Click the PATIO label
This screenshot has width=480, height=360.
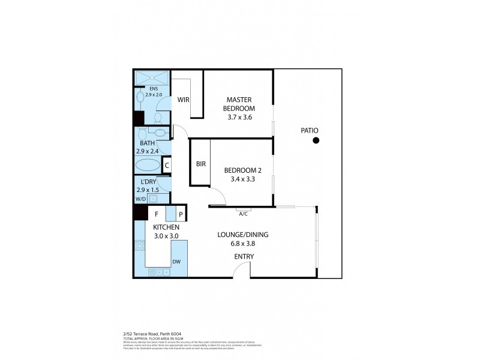(x=310, y=130)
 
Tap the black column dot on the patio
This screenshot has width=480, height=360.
(x=315, y=141)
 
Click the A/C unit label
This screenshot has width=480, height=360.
(x=244, y=213)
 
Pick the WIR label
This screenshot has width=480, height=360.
(x=184, y=100)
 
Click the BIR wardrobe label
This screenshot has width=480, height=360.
(x=201, y=164)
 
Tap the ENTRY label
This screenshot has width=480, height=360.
(x=244, y=257)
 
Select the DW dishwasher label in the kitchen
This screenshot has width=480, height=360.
(x=176, y=262)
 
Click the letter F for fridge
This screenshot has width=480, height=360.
(x=157, y=214)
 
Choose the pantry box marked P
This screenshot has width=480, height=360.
(x=180, y=214)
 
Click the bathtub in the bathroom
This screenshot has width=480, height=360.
(x=148, y=165)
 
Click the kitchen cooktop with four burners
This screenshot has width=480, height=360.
(x=140, y=246)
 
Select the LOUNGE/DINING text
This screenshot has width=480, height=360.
(x=244, y=235)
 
